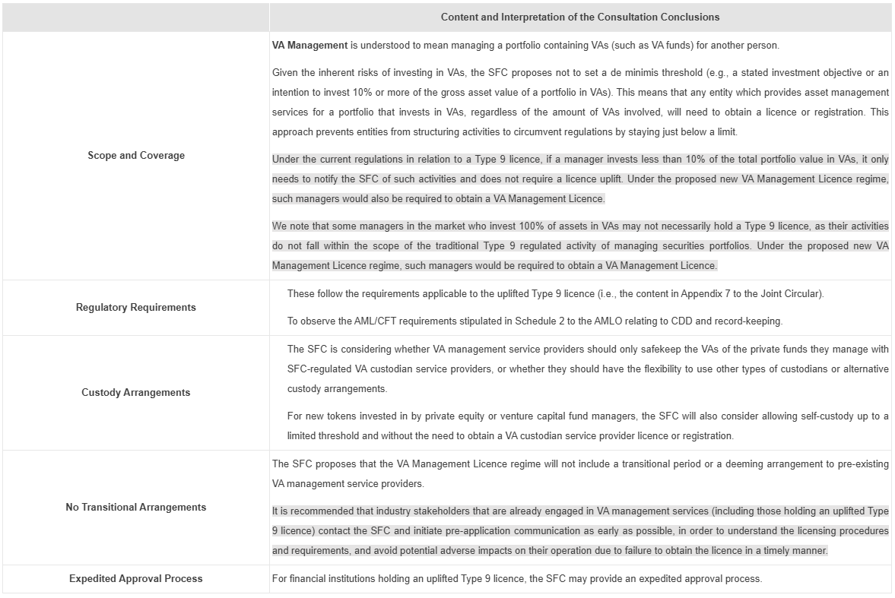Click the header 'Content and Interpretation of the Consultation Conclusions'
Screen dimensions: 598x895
579,17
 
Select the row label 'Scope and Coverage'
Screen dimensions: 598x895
136,155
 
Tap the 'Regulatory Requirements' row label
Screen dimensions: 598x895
136,307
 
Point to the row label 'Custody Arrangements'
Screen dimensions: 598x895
136,392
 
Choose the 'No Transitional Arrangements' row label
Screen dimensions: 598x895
136,507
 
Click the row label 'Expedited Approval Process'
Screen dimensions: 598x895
136,578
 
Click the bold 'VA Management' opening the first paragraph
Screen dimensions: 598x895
309,46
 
